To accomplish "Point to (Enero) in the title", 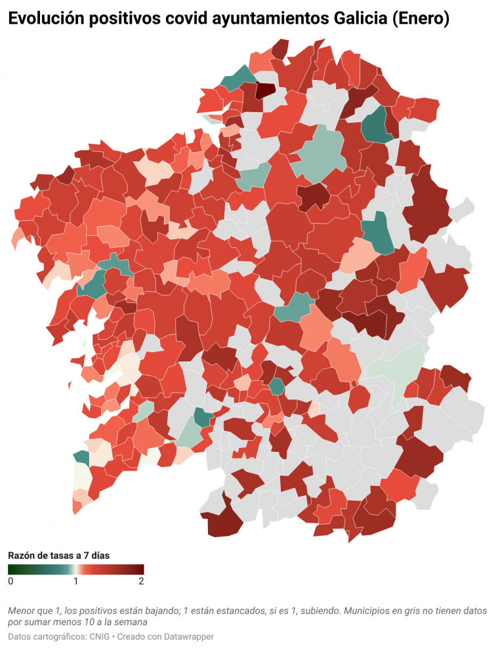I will [420, 20].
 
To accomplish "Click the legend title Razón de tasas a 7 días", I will [58, 555].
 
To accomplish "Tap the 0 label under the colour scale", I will [10, 581].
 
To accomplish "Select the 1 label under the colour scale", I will [75, 581].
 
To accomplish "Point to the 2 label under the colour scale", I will [141, 581].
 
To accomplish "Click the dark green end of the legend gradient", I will [11, 569].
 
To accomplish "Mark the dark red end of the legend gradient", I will [140, 569].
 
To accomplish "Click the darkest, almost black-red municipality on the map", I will [266, 91].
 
